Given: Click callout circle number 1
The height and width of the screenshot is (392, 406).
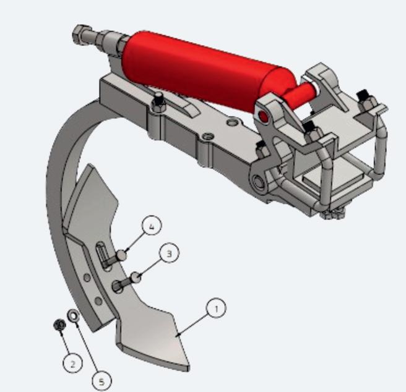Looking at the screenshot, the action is [216, 308].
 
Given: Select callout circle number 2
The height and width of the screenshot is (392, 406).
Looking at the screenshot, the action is [73, 364].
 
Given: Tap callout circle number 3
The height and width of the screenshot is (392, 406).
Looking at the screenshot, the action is [170, 253].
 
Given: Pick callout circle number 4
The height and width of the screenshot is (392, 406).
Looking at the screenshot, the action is [152, 226].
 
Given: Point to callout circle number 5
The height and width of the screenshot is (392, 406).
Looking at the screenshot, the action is [101, 381].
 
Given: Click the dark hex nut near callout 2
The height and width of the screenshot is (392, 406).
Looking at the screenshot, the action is [59, 325].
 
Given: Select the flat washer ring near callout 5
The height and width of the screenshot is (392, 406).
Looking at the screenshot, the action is [73, 315].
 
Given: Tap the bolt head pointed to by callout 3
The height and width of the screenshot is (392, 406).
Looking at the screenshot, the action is [136, 278].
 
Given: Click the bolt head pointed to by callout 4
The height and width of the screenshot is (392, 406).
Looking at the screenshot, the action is [121, 255].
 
